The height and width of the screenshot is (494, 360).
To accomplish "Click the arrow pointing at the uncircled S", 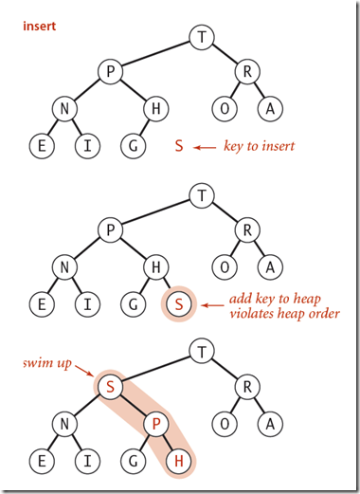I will click(206, 147).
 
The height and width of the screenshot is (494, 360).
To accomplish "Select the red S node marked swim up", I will click(110, 389).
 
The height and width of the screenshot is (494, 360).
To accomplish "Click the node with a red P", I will click(155, 425).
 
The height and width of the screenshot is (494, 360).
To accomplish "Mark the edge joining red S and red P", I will click(133, 407).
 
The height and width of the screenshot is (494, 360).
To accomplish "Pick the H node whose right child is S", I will click(155, 268).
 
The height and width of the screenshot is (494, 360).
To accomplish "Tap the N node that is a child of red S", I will click(64, 425).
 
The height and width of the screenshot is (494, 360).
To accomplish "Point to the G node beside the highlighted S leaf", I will click(133, 305).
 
